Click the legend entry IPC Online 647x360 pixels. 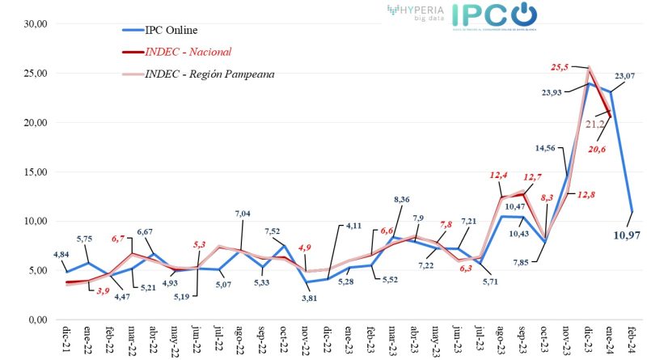click(x=171, y=31)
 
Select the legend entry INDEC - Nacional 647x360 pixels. click(x=188, y=52)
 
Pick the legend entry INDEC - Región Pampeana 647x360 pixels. click(x=209, y=74)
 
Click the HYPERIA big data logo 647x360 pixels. click(x=417, y=11)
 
